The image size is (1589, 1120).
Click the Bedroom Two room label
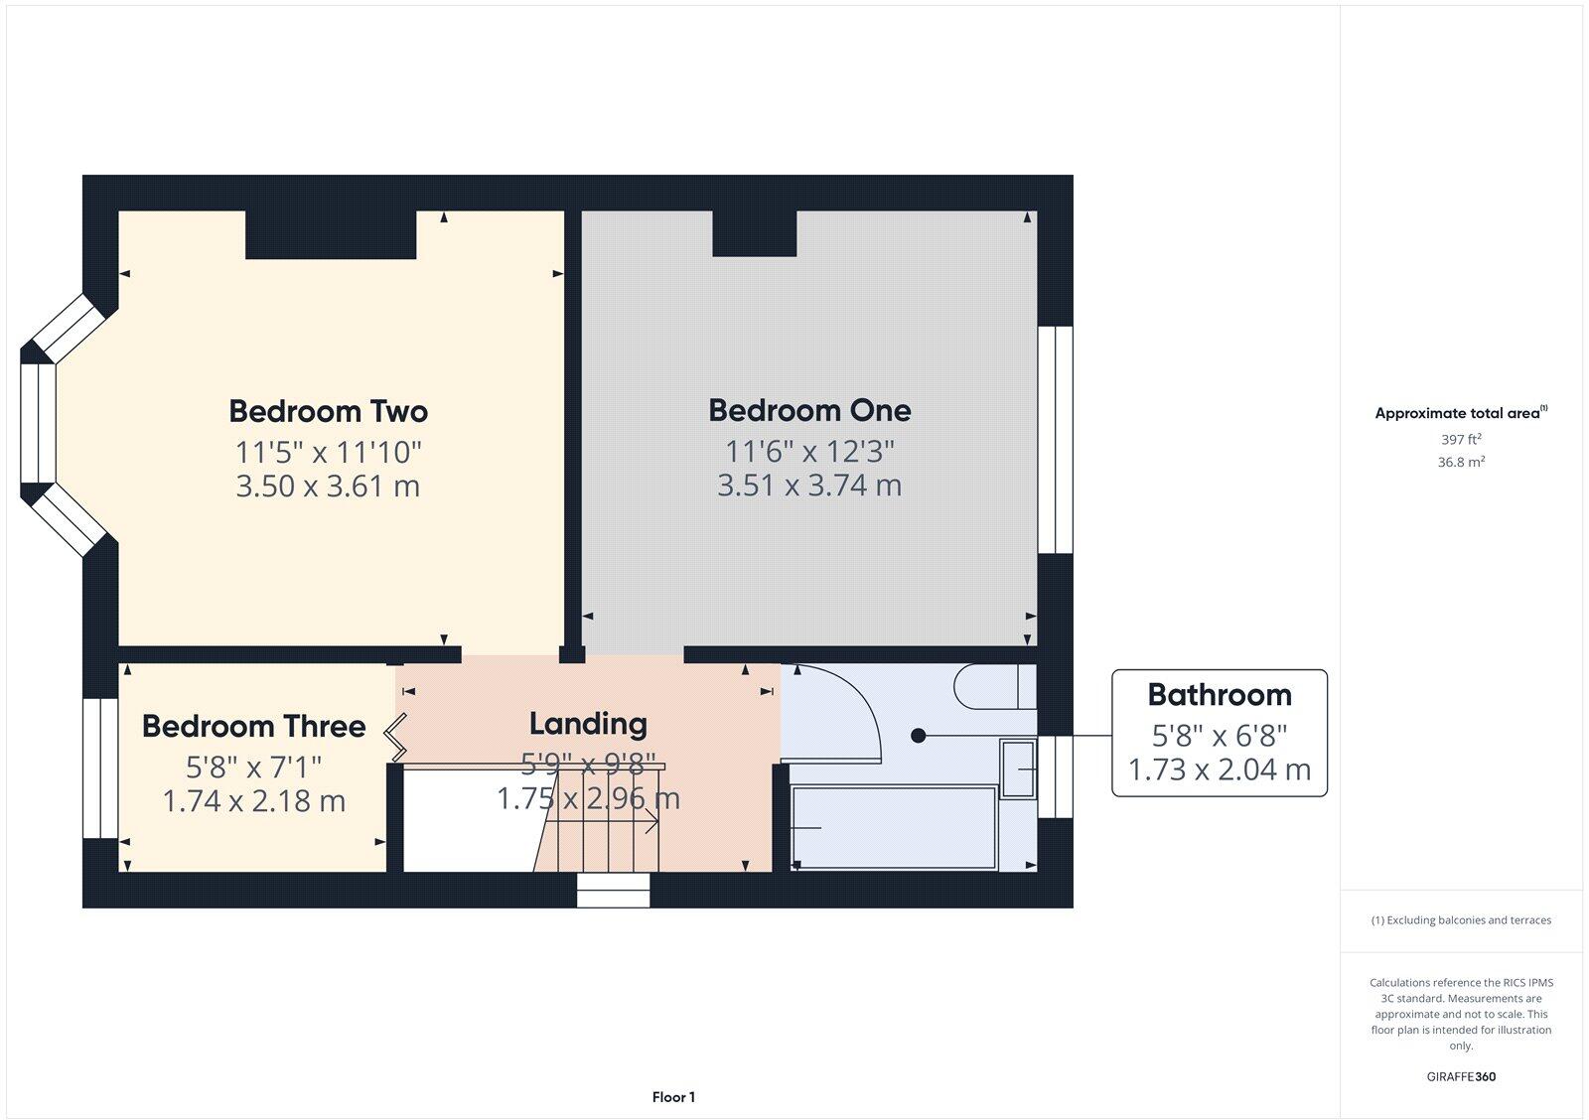tap(328, 411)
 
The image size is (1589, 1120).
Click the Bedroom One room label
tap(809, 410)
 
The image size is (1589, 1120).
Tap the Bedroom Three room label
tap(253, 727)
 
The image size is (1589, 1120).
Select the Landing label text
tap(588, 724)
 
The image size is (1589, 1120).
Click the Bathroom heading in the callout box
tap(1219, 695)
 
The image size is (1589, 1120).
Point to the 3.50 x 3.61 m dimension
tap(328, 487)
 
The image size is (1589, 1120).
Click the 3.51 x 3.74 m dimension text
tap(809, 486)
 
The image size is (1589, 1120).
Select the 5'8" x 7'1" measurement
tap(253, 767)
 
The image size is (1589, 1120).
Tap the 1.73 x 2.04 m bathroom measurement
tap(1219, 770)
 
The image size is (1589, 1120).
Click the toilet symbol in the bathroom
tap(993, 687)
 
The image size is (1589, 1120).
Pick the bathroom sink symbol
tap(1018, 770)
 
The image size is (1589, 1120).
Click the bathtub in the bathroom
tap(894, 827)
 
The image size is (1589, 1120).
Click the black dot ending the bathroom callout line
tap(919, 736)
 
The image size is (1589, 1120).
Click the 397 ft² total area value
tap(1461, 439)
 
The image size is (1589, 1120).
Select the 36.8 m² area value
tap(1461, 462)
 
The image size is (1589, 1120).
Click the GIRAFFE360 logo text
tap(1461, 1076)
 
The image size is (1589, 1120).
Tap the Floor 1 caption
tap(673, 1097)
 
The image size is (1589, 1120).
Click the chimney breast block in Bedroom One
tap(754, 234)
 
